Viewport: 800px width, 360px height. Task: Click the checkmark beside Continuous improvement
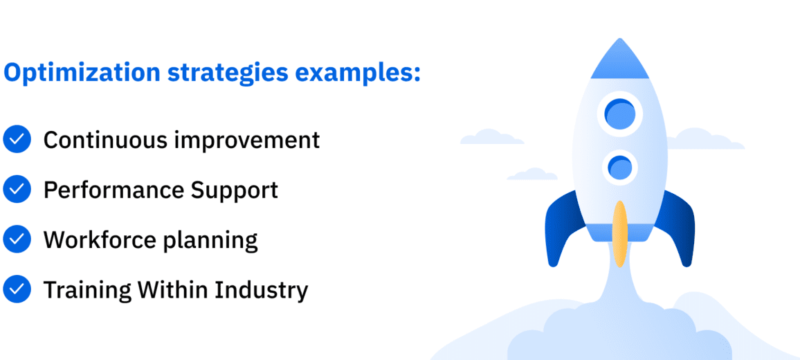tap(17, 139)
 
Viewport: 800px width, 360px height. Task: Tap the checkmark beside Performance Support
tap(17, 189)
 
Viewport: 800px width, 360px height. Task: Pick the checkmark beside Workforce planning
tap(17, 240)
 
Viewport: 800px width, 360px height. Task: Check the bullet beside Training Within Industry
tap(17, 289)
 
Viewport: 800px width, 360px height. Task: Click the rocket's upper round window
tap(619, 113)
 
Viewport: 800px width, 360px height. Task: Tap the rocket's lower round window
tap(619, 168)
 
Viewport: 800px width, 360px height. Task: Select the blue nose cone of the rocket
tap(619, 61)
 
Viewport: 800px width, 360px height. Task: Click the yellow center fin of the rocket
tap(620, 233)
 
